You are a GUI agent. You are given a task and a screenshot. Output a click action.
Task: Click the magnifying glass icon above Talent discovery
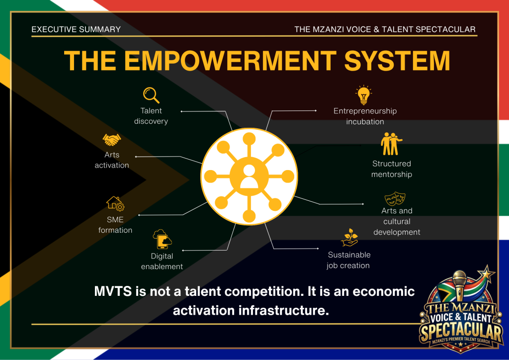coord(151,95)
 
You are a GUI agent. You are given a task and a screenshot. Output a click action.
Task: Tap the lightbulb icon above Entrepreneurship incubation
coord(363,95)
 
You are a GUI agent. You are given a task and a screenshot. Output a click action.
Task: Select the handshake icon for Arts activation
coord(112,140)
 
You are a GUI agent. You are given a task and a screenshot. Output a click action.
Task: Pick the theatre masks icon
coord(395,198)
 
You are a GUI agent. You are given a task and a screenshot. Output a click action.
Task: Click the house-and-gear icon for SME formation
coord(115,203)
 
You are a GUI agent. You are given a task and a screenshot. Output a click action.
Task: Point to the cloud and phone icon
coord(163,239)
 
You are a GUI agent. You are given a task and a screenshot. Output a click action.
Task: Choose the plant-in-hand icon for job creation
coord(349,237)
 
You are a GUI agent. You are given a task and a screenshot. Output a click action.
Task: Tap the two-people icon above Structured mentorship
coord(391,144)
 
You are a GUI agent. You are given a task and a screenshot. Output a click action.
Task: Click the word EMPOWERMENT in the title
coord(230,61)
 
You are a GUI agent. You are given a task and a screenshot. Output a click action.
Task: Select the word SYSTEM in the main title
coord(397,61)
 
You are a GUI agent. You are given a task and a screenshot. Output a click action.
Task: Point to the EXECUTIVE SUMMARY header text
coord(76,29)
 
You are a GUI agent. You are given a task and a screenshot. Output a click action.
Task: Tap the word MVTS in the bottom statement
coord(113,291)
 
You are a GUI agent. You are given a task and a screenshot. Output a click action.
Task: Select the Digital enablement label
coord(162,262)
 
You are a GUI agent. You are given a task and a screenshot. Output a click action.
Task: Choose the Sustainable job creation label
coord(348,260)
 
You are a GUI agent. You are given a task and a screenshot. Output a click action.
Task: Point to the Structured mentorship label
coord(392,169)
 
